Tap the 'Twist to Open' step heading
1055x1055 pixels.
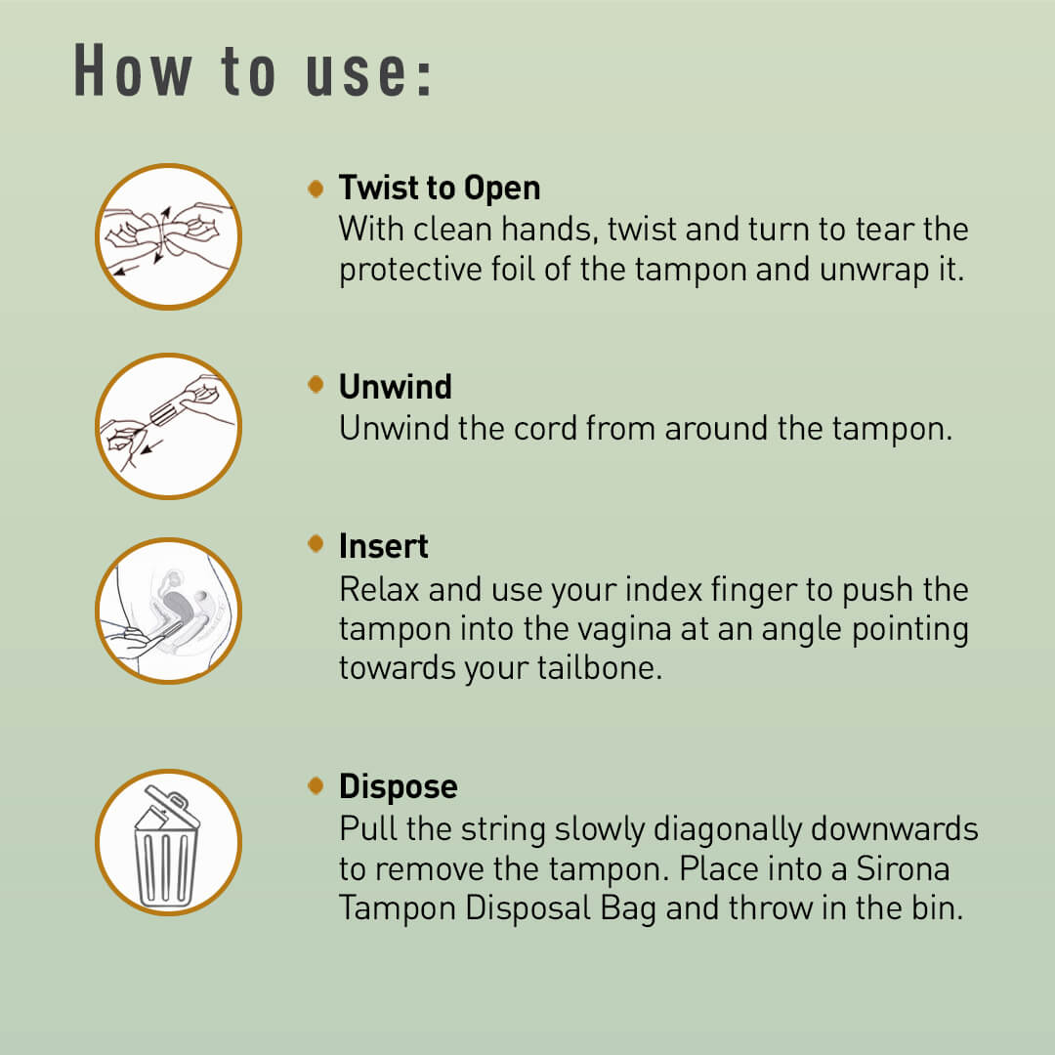(439, 188)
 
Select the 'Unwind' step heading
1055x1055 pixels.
(395, 387)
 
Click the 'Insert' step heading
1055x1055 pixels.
(383, 546)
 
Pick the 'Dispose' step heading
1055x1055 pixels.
(398, 786)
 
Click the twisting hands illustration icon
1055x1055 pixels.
(168, 236)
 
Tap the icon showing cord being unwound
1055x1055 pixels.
(168, 427)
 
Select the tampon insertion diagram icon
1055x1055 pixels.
(168, 611)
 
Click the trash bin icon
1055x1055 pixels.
(168, 842)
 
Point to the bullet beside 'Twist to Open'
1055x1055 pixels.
(315, 188)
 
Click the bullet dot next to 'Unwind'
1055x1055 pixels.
(315, 386)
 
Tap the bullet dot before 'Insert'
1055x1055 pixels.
(315, 544)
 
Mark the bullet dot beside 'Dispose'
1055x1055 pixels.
(315, 784)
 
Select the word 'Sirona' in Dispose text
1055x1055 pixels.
(903, 868)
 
